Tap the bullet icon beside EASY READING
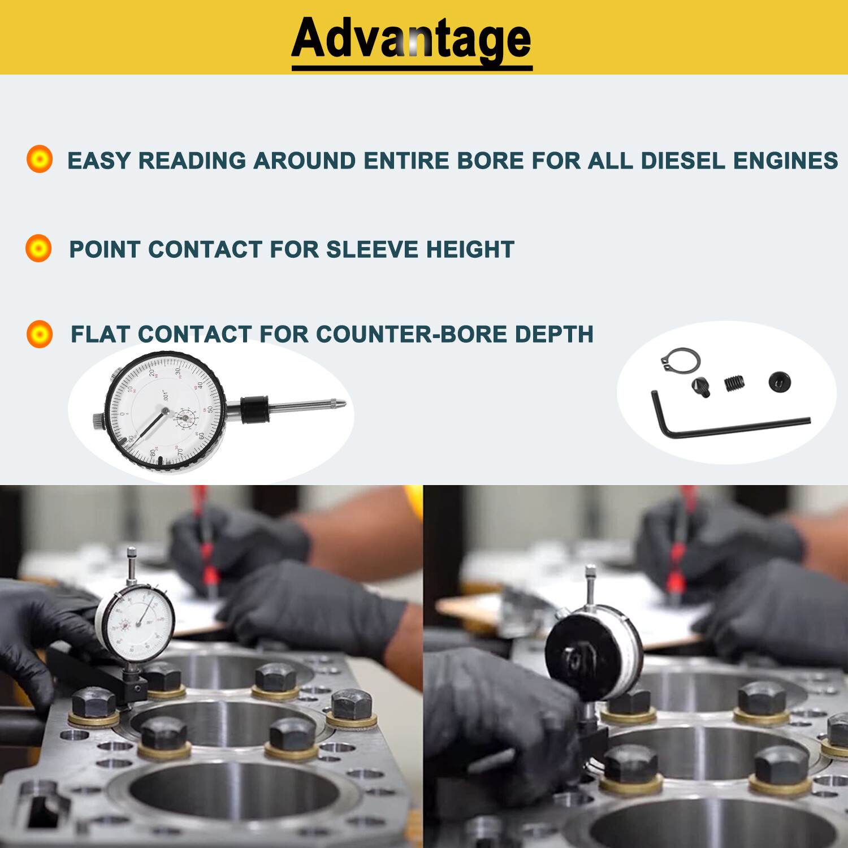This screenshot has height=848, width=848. (x=40, y=159)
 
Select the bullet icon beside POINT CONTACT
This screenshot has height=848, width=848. (x=38, y=248)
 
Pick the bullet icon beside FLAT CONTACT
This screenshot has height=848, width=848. (x=40, y=334)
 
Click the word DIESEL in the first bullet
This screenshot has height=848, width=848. (x=683, y=161)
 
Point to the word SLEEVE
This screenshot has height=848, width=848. (x=372, y=249)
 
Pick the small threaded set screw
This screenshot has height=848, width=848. (x=734, y=383)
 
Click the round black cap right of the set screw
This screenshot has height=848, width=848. (x=780, y=382)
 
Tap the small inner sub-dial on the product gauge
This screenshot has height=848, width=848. (x=185, y=419)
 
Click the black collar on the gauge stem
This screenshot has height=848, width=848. (x=254, y=410)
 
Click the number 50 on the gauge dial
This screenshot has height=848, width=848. (x=210, y=409)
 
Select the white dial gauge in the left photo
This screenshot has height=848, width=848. (x=135, y=622)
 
